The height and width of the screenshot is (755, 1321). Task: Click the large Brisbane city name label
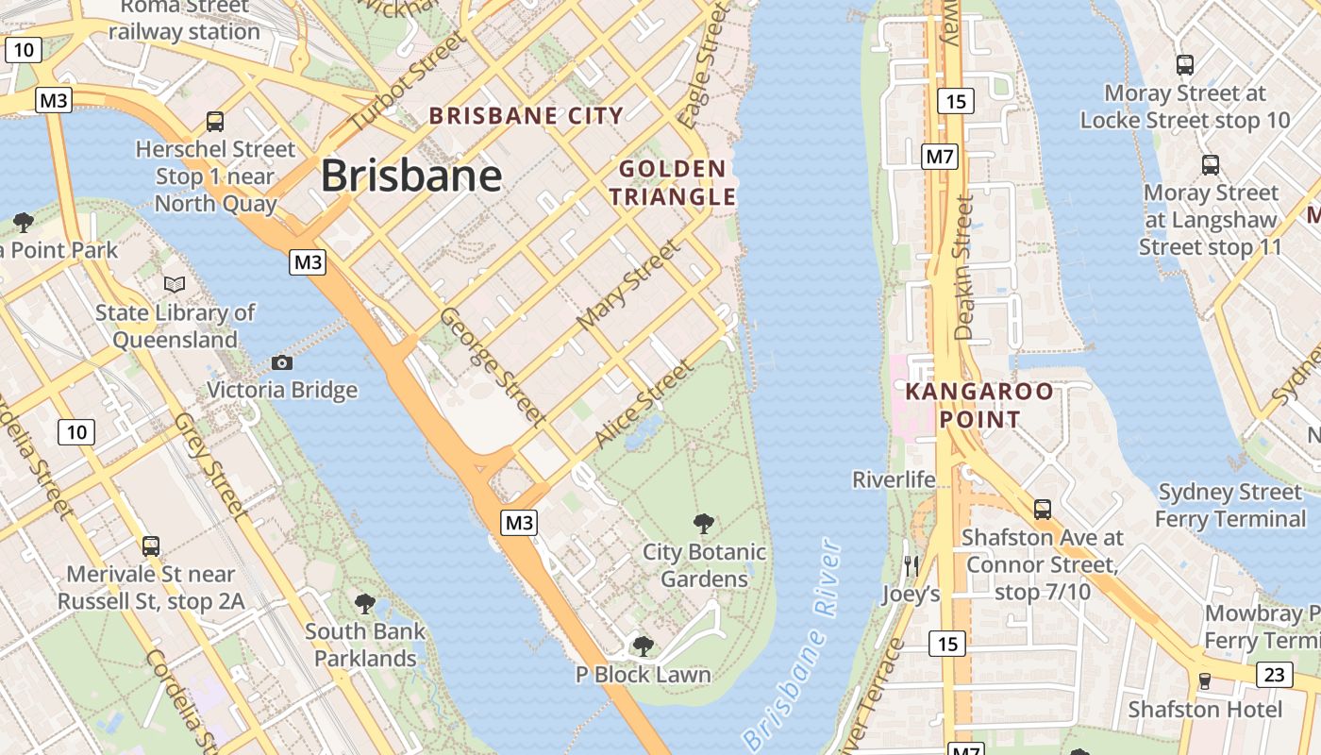[x=410, y=176]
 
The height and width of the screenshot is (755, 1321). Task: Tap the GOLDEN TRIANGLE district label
[x=672, y=183]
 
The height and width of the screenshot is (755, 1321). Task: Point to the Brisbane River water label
[x=792, y=645]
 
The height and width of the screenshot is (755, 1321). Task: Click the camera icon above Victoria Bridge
[x=281, y=362]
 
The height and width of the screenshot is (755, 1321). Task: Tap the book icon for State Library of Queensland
[x=175, y=284]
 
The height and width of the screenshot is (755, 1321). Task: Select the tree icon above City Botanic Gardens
[x=703, y=524]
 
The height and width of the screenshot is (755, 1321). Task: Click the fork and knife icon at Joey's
[x=911, y=565]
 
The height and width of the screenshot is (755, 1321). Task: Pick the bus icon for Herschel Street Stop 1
[x=215, y=121]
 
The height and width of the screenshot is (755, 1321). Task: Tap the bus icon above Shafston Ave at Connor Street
[x=1043, y=509]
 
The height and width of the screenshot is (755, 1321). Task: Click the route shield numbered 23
[x=1274, y=674]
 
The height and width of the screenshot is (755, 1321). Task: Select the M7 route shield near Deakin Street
[x=940, y=157]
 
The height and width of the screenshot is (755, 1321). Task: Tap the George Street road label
[x=493, y=365]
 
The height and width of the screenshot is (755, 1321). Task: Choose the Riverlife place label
[x=894, y=479]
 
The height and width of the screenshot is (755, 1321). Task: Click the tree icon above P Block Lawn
[x=643, y=646]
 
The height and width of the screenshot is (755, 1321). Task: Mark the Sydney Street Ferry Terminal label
[x=1230, y=506]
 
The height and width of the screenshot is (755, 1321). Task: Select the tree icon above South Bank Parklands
[x=365, y=603]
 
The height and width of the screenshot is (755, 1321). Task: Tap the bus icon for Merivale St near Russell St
[x=151, y=545]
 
